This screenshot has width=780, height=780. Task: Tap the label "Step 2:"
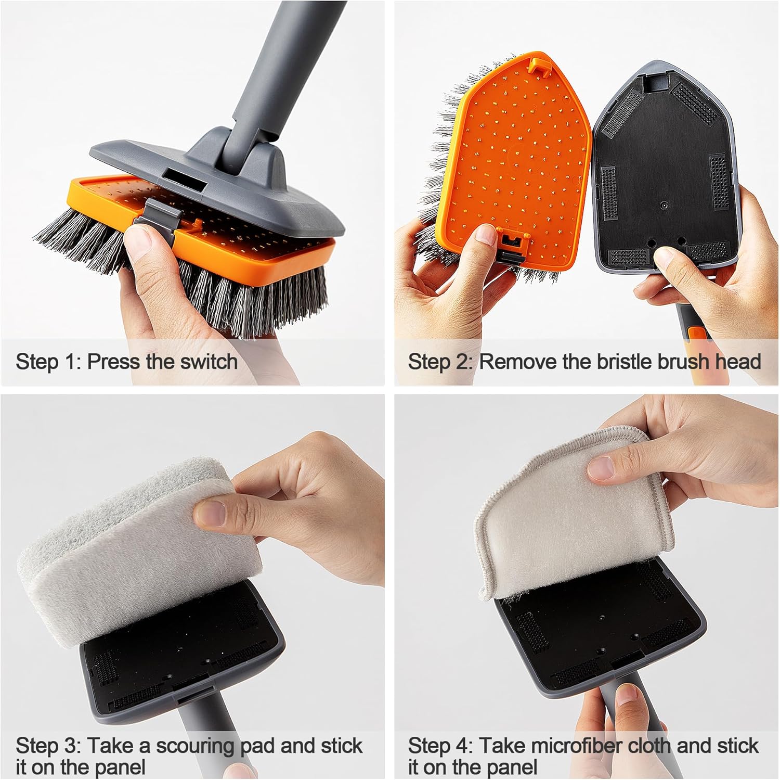[441, 361]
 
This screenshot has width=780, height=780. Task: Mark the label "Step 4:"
[441, 746]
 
